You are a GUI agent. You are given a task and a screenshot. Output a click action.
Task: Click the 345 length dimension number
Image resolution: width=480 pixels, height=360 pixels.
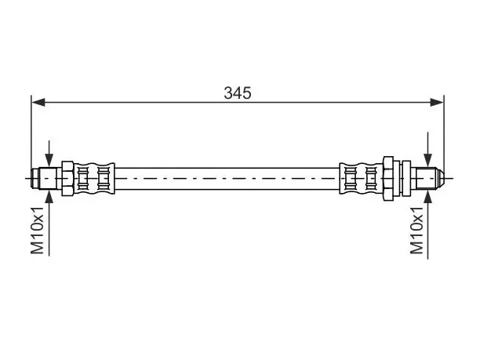click(x=237, y=93)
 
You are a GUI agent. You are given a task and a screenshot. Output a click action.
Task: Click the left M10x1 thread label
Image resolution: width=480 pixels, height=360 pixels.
click(x=38, y=231)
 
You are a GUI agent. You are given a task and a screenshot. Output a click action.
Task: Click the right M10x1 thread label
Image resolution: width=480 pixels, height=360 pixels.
click(x=416, y=231)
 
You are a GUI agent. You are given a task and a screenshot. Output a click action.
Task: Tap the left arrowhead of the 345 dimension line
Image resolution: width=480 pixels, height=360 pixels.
click(x=38, y=102)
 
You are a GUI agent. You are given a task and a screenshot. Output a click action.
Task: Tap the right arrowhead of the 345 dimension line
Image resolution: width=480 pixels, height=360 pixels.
click(x=437, y=102)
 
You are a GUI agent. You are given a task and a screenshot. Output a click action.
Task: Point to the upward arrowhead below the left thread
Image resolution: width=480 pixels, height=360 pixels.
click(x=49, y=197)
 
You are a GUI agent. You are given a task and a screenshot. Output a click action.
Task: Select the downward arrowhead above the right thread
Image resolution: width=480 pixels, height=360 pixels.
click(x=427, y=160)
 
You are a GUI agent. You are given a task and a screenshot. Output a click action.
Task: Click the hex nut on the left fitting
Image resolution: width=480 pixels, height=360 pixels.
click(x=67, y=179)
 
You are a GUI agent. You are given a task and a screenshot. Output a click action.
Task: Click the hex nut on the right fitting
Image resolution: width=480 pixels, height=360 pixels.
click(x=388, y=179)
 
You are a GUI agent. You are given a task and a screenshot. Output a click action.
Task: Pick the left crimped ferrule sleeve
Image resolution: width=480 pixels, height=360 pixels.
click(x=94, y=179)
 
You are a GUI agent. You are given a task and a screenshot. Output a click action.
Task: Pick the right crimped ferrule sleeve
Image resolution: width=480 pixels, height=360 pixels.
click(x=362, y=179)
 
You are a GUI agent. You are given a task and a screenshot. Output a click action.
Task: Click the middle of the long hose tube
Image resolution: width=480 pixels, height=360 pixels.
click(x=227, y=179)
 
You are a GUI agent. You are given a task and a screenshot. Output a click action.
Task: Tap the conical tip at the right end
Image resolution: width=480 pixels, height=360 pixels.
click(x=440, y=179)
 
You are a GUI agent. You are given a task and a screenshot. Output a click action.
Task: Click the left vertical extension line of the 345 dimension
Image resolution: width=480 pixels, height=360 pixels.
click(x=31, y=136)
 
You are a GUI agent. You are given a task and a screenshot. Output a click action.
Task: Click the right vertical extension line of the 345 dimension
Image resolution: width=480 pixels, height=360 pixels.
click(x=444, y=136)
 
